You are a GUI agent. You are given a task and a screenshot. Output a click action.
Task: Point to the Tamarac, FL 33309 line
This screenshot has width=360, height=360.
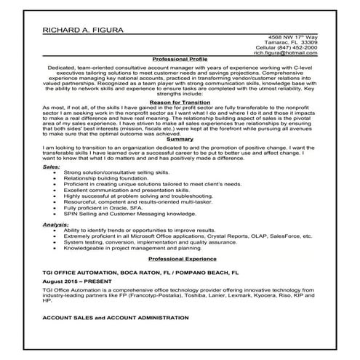[294, 41]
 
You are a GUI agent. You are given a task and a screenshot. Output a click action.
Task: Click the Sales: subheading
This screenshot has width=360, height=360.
[51, 166]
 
